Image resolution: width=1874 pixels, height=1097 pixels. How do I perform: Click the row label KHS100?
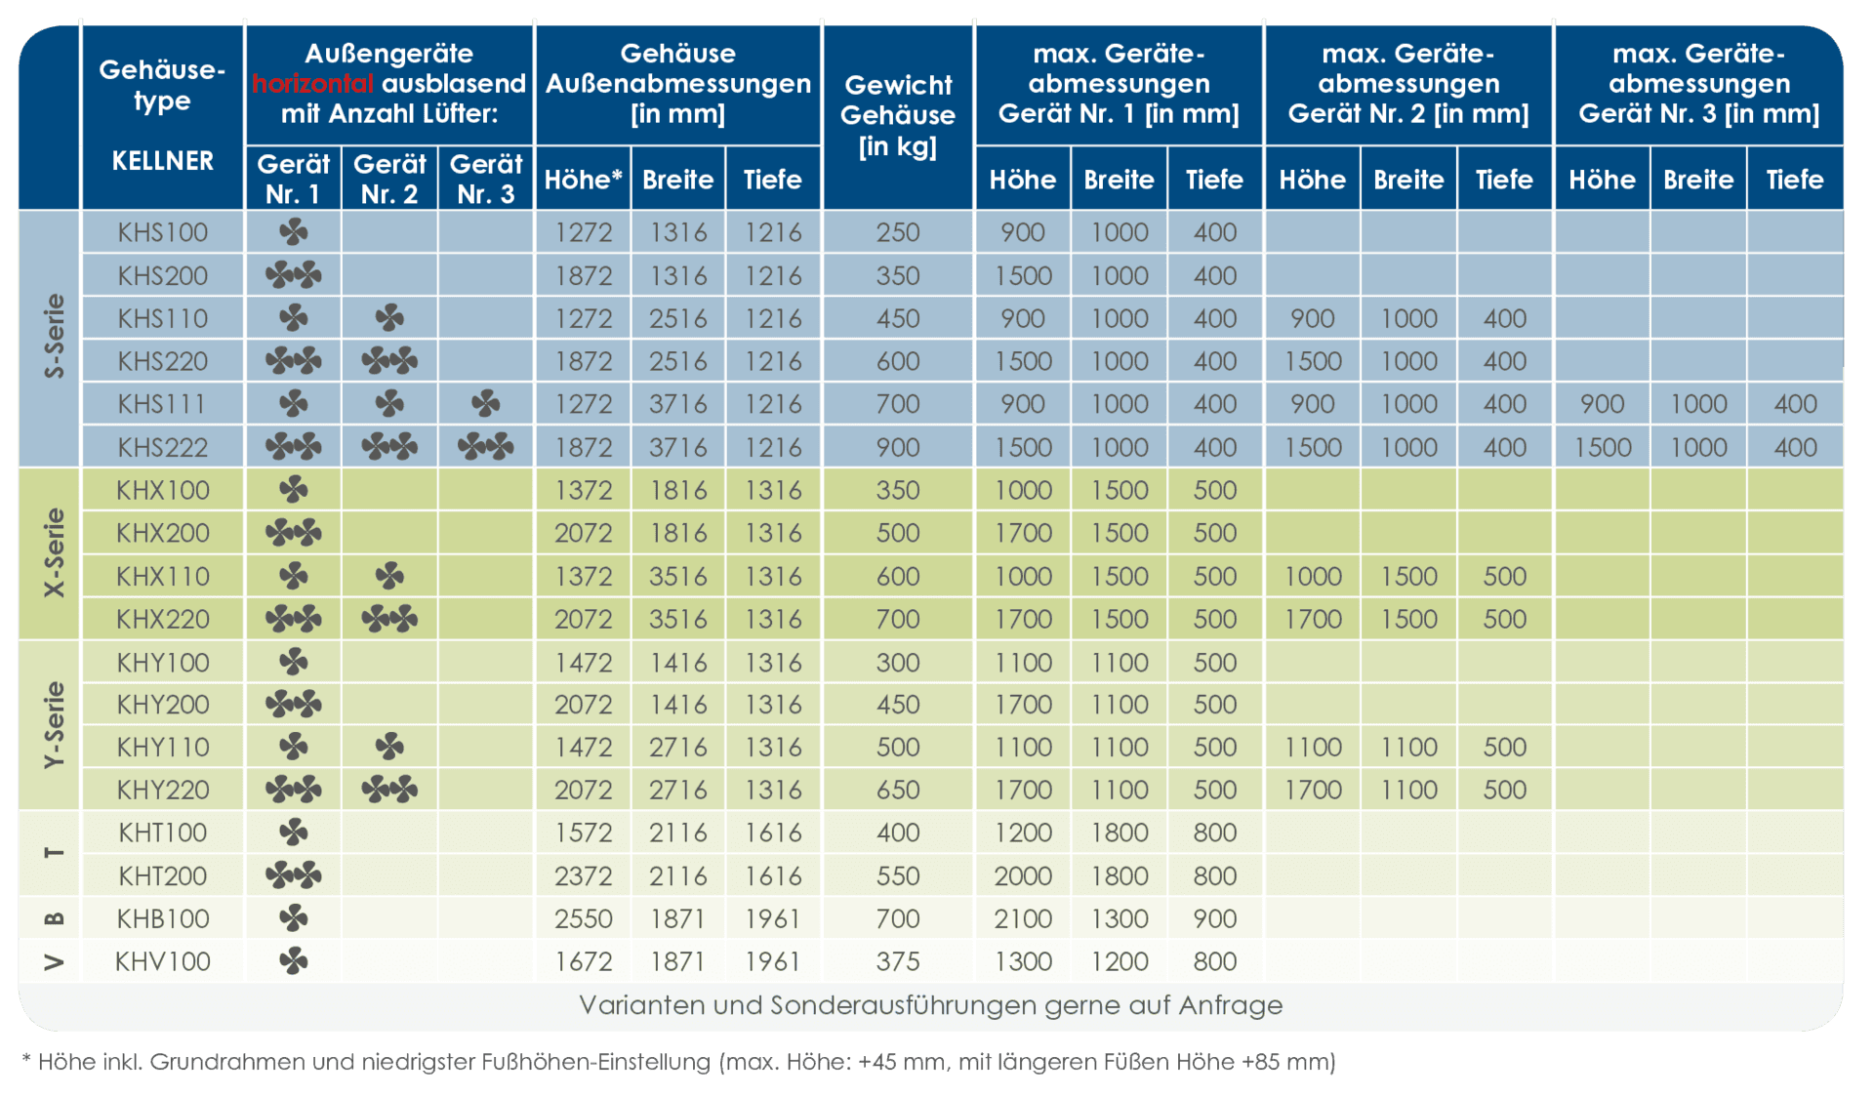pyautogui.click(x=162, y=232)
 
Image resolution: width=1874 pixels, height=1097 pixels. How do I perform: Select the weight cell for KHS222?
pyautogui.click(x=897, y=447)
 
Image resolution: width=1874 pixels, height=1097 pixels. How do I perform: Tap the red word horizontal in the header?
pyautogui.click(x=312, y=84)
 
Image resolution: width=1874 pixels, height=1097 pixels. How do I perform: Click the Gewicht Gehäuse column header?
pyautogui.click(x=897, y=115)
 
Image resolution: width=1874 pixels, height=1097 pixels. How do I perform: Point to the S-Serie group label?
pyautogui.click(x=55, y=336)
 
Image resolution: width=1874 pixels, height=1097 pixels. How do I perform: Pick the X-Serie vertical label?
pyautogui.click(x=55, y=552)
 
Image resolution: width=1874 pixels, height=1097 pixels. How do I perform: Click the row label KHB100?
pyautogui.click(x=162, y=918)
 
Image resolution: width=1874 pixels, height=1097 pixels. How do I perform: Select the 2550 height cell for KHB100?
pyautogui.click(x=583, y=918)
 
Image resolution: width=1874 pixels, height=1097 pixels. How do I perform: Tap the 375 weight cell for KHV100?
pyautogui.click(x=897, y=961)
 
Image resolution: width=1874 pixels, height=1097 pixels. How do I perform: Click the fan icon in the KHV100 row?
pyautogui.click(x=293, y=961)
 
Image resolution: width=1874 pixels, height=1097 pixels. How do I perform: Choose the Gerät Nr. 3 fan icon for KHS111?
pyautogui.click(x=485, y=403)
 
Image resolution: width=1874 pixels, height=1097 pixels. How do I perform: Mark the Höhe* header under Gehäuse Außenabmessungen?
pyautogui.click(x=583, y=180)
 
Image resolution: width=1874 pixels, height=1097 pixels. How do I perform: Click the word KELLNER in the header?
pyautogui.click(x=162, y=160)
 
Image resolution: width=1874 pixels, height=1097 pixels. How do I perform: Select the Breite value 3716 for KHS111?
pyautogui.click(x=678, y=403)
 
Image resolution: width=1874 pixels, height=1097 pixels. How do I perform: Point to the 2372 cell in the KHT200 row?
pyautogui.click(x=583, y=875)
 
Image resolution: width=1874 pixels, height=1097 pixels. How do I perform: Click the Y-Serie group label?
pyautogui.click(x=55, y=724)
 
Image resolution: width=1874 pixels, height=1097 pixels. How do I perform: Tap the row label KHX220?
pyautogui.click(x=162, y=619)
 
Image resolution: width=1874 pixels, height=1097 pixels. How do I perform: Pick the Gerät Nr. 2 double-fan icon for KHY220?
pyautogui.click(x=389, y=789)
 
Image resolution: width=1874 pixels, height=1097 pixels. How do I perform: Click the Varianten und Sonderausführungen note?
pyautogui.click(x=930, y=1005)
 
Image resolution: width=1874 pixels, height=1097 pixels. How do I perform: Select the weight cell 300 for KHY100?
pyautogui.click(x=897, y=663)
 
